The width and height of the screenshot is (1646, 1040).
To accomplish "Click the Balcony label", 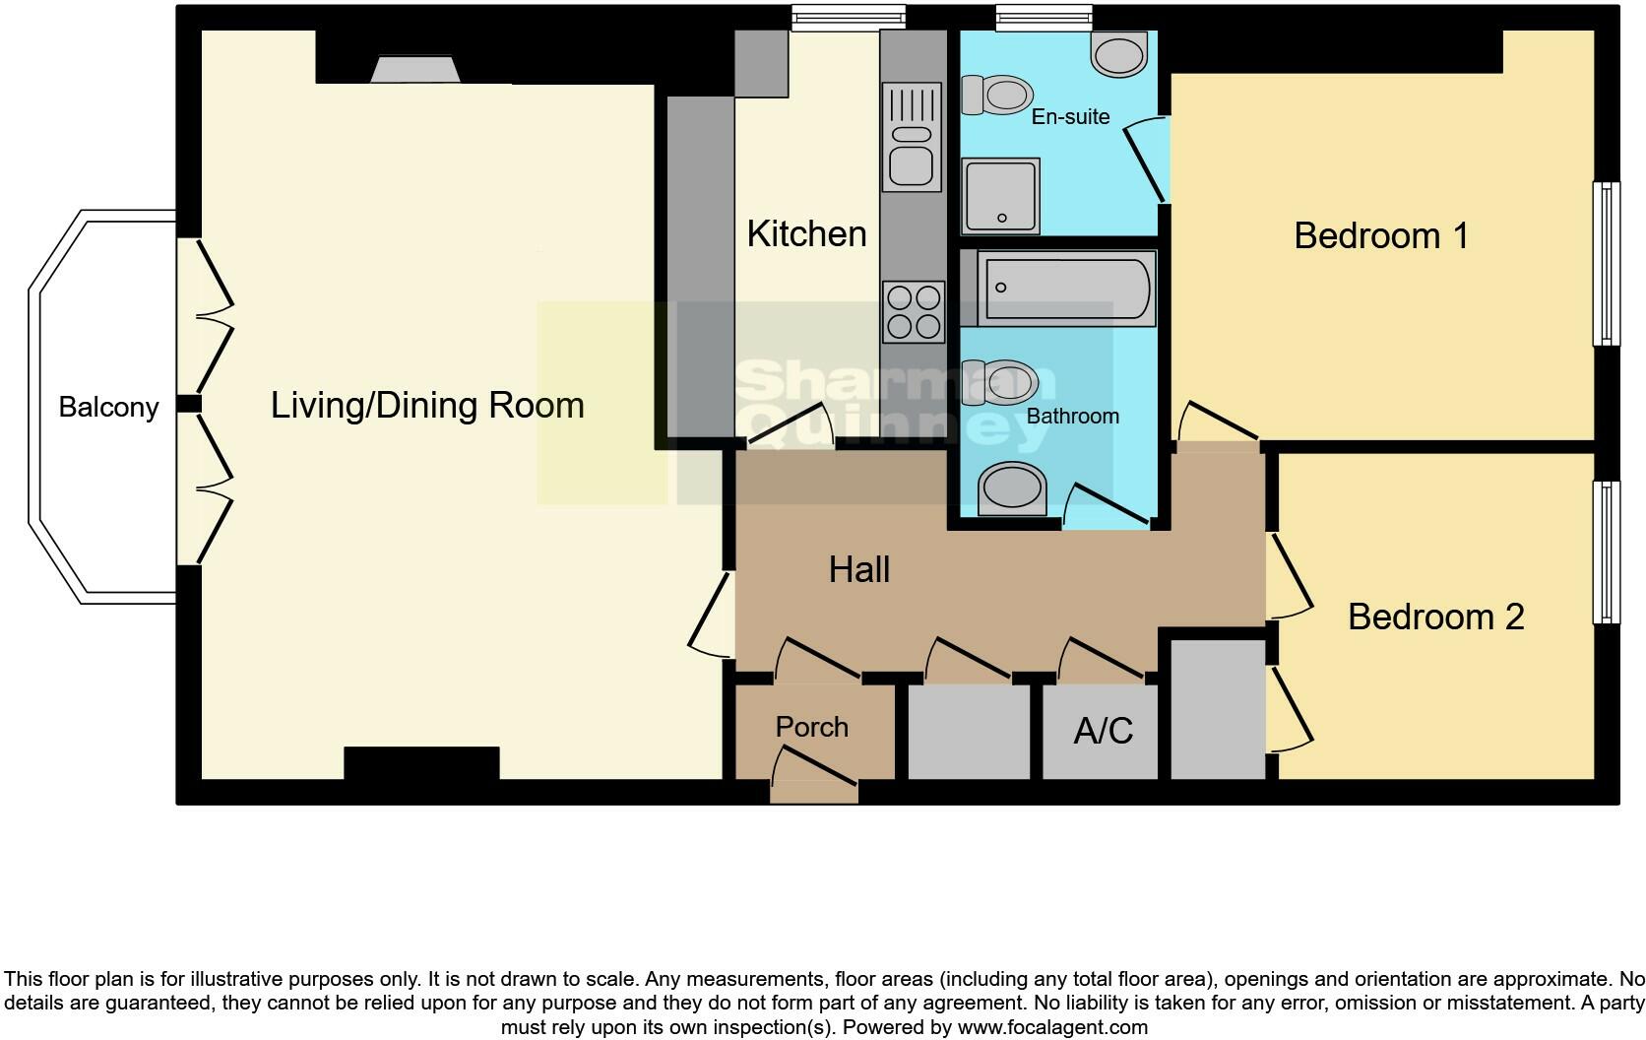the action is [x=108, y=407].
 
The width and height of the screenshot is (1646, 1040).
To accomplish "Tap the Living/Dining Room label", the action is [x=427, y=406].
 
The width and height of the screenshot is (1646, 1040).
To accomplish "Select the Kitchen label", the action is [x=807, y=233].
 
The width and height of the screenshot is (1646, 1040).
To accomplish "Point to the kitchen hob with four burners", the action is [x=914, y=311].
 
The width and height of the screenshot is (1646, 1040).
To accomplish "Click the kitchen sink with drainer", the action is [x=912, y=137].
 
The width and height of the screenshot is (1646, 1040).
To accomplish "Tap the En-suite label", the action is [x=1071, y=116].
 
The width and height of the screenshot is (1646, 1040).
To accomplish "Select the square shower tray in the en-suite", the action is [x=1000, y=196].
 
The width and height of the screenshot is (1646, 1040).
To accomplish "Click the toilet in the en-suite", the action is [x=996, y=95].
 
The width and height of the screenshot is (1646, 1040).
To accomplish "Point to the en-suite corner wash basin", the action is [x=1119, y=53].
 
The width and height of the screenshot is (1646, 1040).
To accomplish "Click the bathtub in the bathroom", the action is [x=1058, y=288].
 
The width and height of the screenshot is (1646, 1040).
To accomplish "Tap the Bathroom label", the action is [x=1073, y=416].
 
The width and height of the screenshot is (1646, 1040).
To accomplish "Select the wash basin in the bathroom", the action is [x=1013, y=488].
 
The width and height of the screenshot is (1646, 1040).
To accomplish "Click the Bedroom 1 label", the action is [x=1381, y=236].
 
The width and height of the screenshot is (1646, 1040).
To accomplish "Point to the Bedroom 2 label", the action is [x=1436, y=617].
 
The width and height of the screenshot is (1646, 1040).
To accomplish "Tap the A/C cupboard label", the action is [x=1103, y=731].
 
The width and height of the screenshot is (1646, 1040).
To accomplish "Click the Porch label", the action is [x=812, y=727].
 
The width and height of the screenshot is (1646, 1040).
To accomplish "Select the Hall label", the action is [x=859, y=569].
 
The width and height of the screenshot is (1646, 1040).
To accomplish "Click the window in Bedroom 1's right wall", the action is [x=1607, y=264].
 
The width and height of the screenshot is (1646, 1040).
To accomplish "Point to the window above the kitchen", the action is [x=848, y=18].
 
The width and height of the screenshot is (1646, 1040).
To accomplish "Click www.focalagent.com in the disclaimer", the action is [x=1052, y=1027].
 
